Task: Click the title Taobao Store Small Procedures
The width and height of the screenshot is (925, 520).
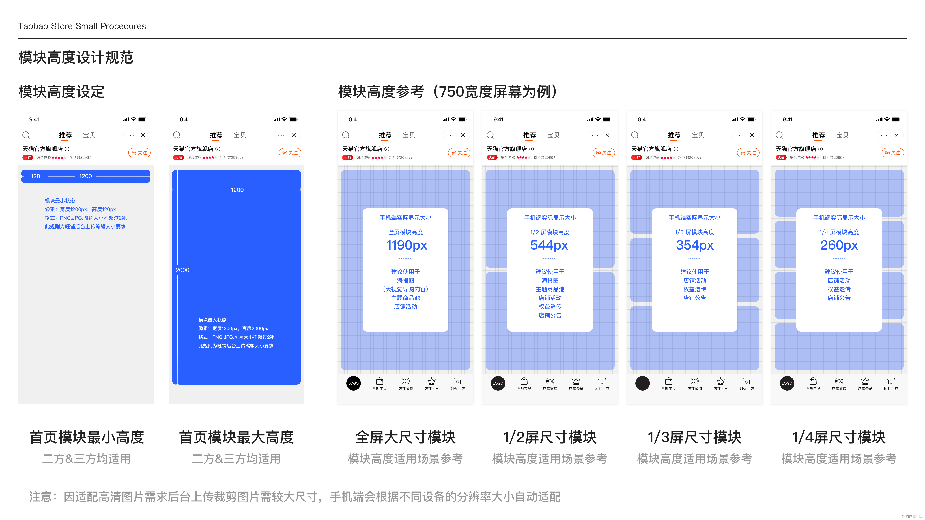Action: (x=82, y=26)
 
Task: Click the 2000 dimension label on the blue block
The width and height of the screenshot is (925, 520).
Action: (x=182, y=270)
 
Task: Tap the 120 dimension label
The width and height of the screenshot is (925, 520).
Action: (x=35, y=176)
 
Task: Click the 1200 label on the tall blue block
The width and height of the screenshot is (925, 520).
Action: (x=237, y=190)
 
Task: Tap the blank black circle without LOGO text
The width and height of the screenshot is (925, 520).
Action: (x=642, y=383)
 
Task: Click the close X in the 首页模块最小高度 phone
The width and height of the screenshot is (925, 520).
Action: (x=143, y=135)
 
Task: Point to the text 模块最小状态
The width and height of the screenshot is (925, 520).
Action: (x=60, y=201)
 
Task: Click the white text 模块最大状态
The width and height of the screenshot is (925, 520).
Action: (x=212, y=320)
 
